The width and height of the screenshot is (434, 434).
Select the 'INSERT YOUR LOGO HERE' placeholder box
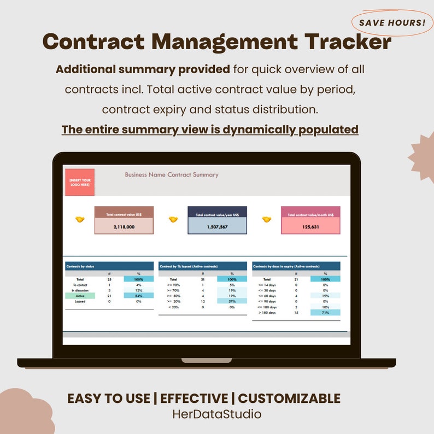coord(80,182)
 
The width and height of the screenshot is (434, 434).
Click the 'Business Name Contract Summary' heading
coord(172,175)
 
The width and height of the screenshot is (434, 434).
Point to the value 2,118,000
coord(124,226)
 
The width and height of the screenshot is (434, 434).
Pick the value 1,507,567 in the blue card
coord(217,226)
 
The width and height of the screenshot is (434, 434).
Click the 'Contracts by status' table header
coord(80,266)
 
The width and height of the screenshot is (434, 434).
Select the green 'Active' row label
coord(80,296)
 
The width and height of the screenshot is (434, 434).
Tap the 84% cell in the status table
coord(138,296)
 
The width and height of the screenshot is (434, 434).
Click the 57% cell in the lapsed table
coord(232,301)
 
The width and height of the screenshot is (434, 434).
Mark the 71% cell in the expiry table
coord(325,313)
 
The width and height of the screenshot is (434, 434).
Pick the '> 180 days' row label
coord(267,313)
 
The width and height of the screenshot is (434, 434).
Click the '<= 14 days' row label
coord(267,285)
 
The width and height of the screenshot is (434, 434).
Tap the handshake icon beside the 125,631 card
coord(267,219)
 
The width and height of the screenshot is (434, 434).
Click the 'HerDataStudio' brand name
coord(217,414)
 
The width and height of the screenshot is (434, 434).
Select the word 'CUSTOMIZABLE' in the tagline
coord(289,398)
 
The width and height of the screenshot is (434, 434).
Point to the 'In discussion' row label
coord(80,290)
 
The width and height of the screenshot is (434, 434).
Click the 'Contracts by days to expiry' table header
coord(286,266)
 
